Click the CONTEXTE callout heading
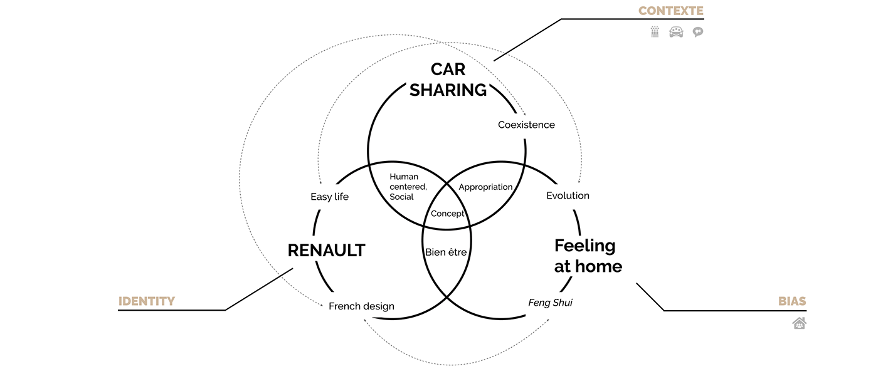coord(670,11)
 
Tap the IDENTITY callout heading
coord(146,301)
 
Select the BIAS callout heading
coord(792,301)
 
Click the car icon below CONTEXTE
coord(676,32)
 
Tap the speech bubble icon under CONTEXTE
coord(697,32)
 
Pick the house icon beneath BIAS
coord(798,323)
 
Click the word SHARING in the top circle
coord(448,90)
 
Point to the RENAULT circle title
coord(326,251)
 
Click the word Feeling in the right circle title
coord(584,245)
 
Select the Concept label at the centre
coord(447,214)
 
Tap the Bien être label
coord(446,252)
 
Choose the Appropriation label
coord(485,187)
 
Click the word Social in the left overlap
coord(401,197)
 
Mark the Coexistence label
coord(526,125)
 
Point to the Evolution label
coord(568,195)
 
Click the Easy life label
coord(329,197)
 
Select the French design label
coord(361,306)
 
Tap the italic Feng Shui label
coord(550,303)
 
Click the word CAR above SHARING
coord(448,69)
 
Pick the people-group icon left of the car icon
coord(655,32)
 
